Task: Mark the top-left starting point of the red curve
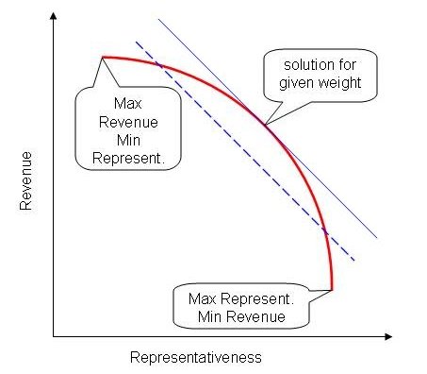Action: pyautogui.click(x=102, y=58)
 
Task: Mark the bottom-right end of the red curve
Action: pyautogui.click(x=332, y=288)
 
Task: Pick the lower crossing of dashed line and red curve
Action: pyautogui.click(x=324, y=230)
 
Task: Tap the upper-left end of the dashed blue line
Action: pyautogui.click(x=136, y=41)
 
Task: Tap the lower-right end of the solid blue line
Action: pyautogui.click(x=378, y=239)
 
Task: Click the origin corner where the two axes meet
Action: pyautogui.click(x=55, y=335)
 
